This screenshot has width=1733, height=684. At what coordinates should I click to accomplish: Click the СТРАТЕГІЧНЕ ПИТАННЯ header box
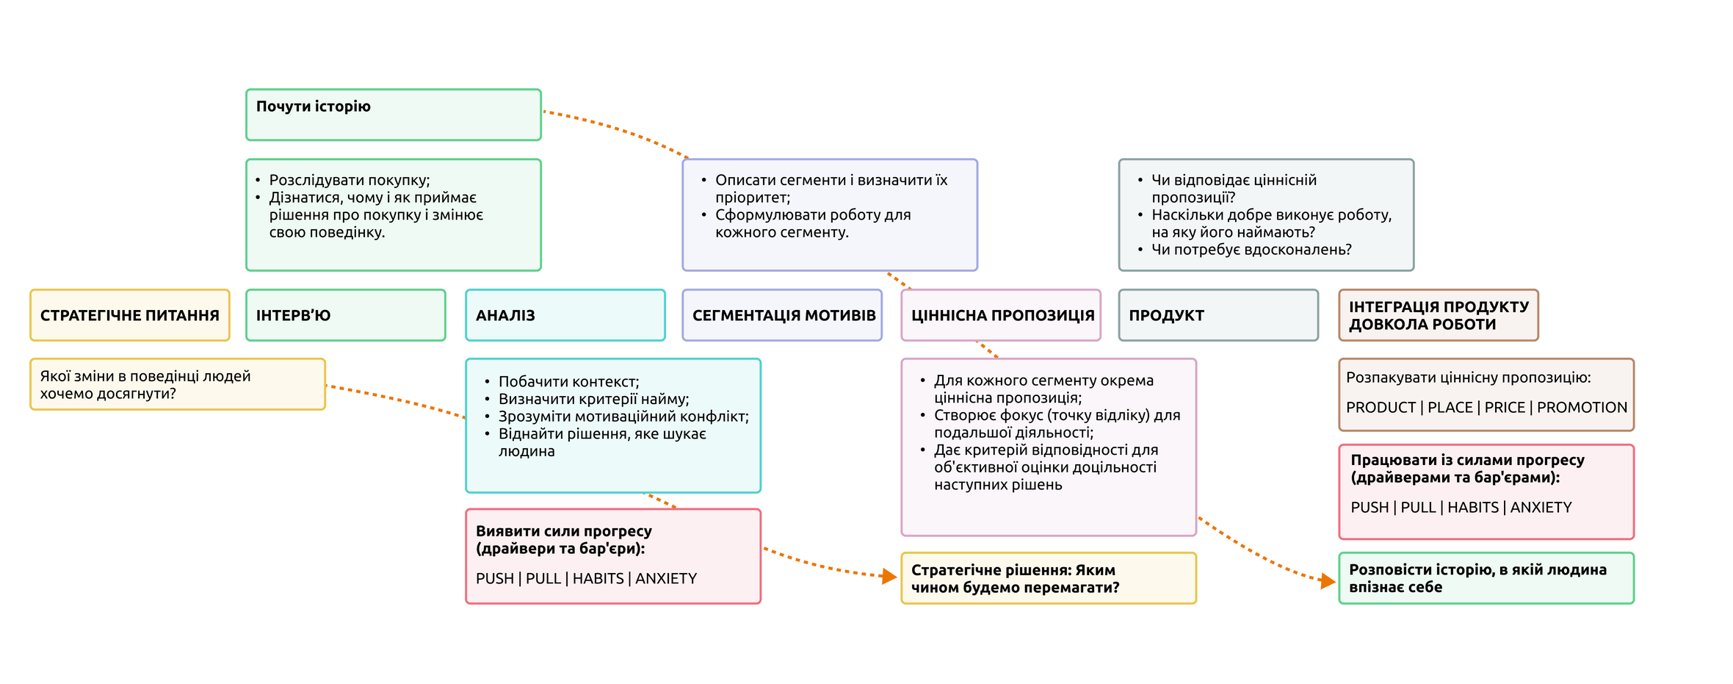point(130,315)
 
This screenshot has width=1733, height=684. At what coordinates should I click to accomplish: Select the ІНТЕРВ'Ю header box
point(346,315)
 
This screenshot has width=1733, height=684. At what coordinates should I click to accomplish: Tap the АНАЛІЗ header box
point(565,315)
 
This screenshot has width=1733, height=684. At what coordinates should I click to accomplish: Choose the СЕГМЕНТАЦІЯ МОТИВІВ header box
point(782,315)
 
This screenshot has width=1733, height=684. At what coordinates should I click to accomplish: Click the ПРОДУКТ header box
point(1218,315)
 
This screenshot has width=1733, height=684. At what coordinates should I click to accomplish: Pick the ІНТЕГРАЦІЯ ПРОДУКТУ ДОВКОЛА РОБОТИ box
point(1439,315)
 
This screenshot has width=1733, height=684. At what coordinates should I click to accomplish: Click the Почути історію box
point(394,115)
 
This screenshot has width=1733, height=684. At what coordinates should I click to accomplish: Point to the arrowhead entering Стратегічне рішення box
point(889,576)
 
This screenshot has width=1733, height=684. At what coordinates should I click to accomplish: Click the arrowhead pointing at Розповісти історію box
point(1328,581)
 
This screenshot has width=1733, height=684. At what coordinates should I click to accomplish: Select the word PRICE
point(1505,407)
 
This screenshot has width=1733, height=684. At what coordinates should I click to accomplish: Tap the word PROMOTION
point(1582,407)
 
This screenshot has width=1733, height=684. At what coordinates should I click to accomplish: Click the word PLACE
point(1450,407)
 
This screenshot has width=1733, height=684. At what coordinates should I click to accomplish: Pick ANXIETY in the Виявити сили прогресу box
point(666,578)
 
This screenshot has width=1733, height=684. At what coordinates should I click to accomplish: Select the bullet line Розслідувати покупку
point(343,180)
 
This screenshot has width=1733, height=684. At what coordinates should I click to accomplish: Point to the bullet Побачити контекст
point(562,381)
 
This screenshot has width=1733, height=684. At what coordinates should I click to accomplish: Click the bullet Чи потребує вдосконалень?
point(1245,250)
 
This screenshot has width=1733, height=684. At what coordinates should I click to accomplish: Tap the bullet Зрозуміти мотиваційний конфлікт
point(617,417)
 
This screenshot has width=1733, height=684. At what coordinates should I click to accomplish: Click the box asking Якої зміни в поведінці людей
point(178,384)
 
